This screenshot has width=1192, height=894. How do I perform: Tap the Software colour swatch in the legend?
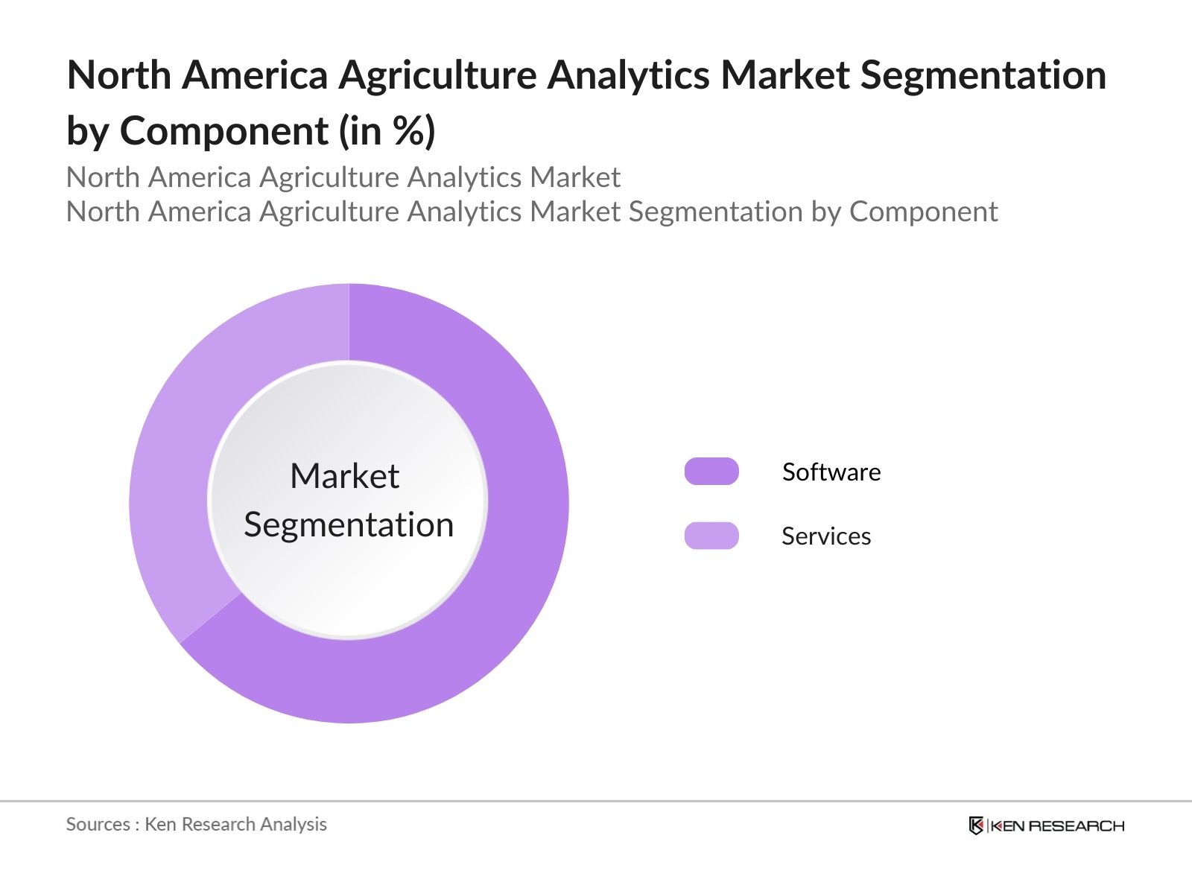click(711, 471)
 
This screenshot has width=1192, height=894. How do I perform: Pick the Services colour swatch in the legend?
click(711, 536)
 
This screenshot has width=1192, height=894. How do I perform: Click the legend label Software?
click(831, 472)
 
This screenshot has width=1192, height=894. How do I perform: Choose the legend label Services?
click(826, 536)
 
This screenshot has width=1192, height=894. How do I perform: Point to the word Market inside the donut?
click(345, 476)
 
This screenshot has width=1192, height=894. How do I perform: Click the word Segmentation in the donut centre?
click(349, 525)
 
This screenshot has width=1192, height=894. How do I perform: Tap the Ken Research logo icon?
click(976, 825)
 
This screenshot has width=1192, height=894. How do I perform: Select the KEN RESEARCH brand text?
click(1057, 826)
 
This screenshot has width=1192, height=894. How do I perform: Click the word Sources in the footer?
click(98, 824)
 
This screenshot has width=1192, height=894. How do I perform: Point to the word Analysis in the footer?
click(294, 825)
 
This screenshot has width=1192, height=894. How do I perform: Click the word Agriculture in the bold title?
click(437, 75)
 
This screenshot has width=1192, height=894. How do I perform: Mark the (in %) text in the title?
click(387, 131)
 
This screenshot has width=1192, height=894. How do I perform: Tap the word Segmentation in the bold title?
click(983, 75)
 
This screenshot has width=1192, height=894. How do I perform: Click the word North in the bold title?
click(119, 75)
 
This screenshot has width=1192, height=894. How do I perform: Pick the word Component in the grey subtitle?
click(923, 212)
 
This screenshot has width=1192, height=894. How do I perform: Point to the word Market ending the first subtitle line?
click(574, 177)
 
